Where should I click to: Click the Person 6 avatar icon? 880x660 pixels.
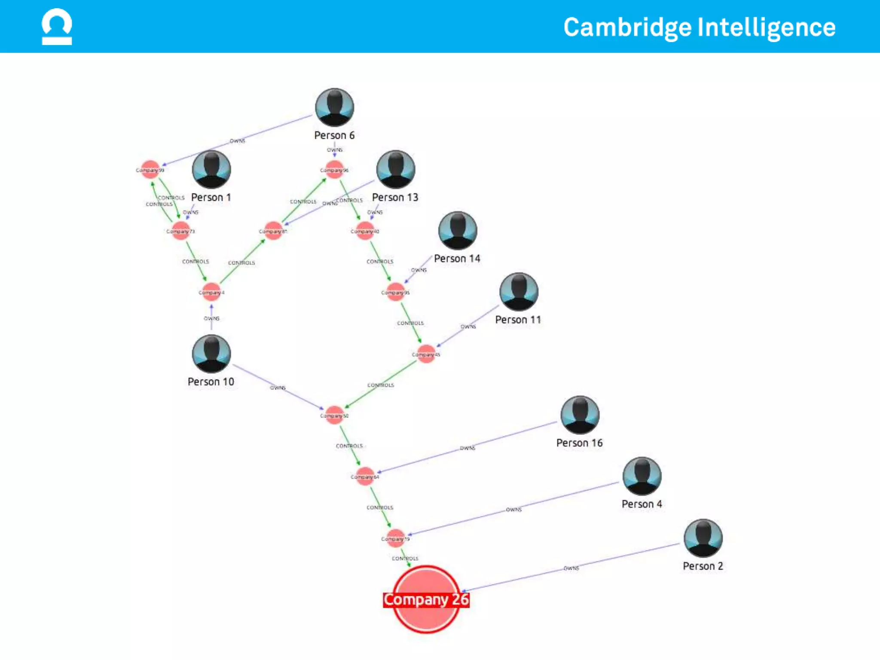click(x=334, y=107)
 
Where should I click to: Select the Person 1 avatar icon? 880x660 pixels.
click(x=211, y=169)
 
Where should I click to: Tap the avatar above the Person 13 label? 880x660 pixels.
click(x=395, y=169)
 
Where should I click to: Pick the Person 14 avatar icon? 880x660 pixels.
click(x=457, y=231)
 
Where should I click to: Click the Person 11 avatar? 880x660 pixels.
click(x=519, y=292)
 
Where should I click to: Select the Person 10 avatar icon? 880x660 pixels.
click(x=211, y=354)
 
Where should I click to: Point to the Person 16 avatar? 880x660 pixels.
click(x=580, y=415)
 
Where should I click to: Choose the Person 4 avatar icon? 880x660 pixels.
click(x=642, y=476)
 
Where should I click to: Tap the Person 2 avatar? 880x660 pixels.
click(x=703, y=538)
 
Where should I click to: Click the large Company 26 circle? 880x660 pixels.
click(x=426, y=599)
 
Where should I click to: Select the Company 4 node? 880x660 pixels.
click(x=211, y=292)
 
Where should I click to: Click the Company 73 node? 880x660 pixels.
click(x=180, y=231)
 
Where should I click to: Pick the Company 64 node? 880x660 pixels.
click(x=365, y=477)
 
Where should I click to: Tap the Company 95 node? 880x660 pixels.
click(x=395, y=292)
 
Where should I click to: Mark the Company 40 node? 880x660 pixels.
click(x=365, y=231)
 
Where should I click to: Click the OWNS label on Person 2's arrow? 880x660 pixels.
click(x=571, y=568)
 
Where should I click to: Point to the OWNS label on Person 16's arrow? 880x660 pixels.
click(x=467, y=448)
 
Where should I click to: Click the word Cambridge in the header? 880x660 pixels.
click(x=627, y=27)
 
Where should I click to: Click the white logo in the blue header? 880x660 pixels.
click(x=57, y=27)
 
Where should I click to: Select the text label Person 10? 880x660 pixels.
click(x=211, y=382)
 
